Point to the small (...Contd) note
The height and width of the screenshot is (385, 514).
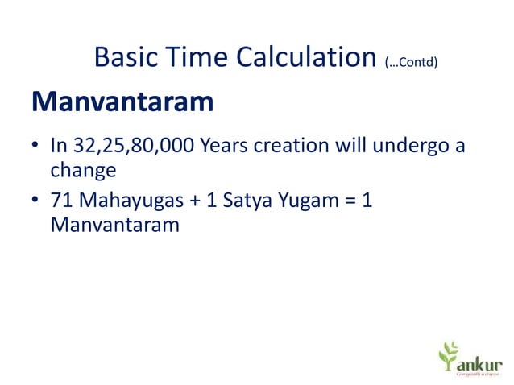click(411, 62)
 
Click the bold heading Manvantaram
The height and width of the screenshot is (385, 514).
click(122, 103)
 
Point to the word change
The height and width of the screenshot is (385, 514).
click(83, 171)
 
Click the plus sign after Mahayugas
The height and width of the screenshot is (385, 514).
click(191, 201)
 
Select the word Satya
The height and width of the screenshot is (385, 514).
click(247, 201)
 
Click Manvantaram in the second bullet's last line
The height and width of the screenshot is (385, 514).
click(114, 226)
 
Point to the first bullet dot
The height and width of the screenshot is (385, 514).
click(35, 147)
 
